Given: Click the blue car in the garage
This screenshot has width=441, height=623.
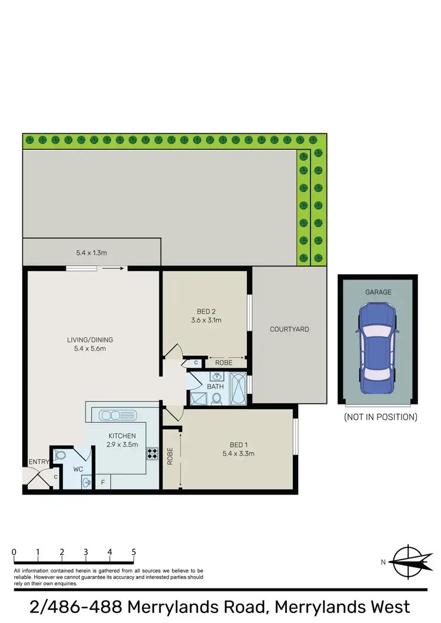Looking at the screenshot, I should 377,343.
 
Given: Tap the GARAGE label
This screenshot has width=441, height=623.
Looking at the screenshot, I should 378,292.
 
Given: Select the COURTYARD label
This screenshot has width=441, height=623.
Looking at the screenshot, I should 289,329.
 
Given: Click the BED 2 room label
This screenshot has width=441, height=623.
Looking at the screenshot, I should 205,312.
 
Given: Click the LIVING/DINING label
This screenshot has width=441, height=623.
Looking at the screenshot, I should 89,339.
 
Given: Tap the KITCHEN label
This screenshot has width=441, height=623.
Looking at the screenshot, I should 122,436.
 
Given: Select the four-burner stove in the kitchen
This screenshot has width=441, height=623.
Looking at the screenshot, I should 152,453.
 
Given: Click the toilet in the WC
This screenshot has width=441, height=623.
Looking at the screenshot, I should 61,455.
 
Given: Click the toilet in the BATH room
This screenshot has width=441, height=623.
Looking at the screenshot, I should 216,399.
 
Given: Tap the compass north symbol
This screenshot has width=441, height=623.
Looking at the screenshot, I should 407,561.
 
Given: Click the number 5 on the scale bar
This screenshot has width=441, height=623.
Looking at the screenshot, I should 134,553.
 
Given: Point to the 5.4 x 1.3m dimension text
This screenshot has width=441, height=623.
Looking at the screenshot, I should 91,253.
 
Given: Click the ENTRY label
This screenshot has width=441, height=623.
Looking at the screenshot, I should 38,462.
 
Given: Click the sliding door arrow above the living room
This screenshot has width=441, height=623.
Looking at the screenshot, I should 112,269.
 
